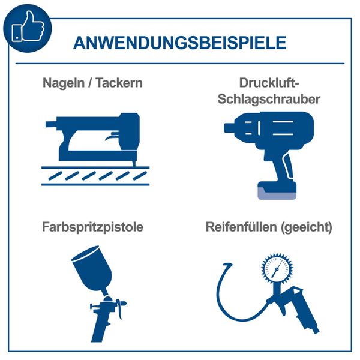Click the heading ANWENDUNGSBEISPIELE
[179, 43]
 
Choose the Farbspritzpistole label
[92, 228]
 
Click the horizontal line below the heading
[179, 63]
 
